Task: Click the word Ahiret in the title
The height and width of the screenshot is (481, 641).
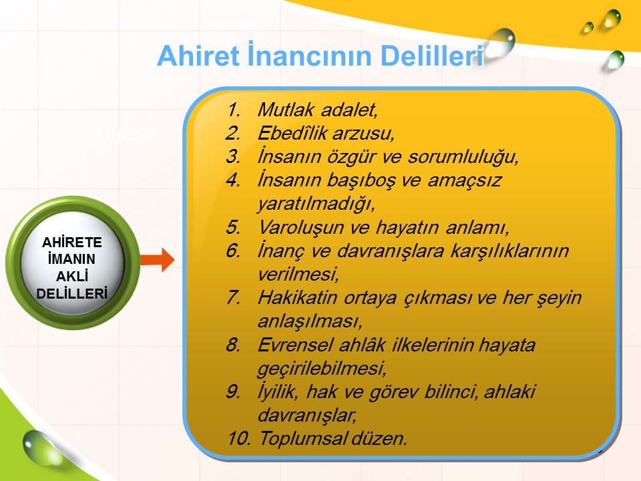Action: tap(198, 55)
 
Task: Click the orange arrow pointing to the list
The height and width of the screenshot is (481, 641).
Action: tap(158, 259)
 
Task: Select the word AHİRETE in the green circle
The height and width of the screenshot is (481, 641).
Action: tap(72, 242)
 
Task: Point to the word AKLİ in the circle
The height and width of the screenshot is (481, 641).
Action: tap(72, 277)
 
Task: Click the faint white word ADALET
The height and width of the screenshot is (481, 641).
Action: tap(126, 134)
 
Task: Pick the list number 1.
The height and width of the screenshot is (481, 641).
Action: tap(234, 110)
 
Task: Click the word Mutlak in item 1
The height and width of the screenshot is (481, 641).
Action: tap(286, 110)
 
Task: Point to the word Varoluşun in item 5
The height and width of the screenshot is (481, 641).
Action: tap(301, 227)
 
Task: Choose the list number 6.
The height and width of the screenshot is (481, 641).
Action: tap(233, 251)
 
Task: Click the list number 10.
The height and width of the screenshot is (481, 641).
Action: tap(239, 438)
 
